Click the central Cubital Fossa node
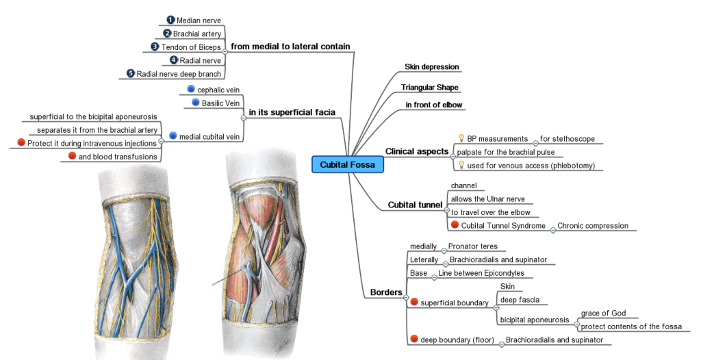(x=348, y=164)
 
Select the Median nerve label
(x=199, y=21)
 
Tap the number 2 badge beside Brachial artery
(x=166, y=34)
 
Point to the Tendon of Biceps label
(x=191, y=47)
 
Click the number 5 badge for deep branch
(x=131, y=73)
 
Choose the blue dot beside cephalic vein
(x=191, y=89)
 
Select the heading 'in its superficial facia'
(x=292, y=112)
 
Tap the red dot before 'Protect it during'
(x=21, y=143)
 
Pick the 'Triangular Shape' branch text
(x=430, y=88)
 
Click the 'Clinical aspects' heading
(x=416, y=151)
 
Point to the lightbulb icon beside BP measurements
(x=461, y=138)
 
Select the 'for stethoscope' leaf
(x=568, y=138)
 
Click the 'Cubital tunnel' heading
(x=415, y=205)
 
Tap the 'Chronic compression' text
(x=592, y=225)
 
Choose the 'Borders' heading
(x=386, y=292)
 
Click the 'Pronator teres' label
(x=472, y=246)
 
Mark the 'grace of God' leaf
(x=603, y=313)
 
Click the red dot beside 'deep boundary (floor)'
(x=413, y=339)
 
